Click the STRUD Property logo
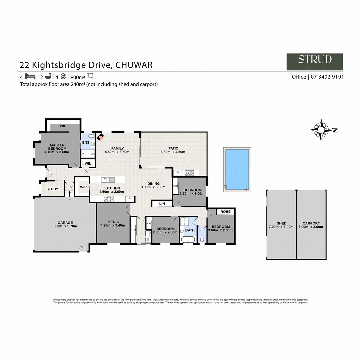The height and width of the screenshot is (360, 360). click(x=315, y=62)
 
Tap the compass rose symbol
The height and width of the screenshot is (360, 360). click(x=321, y=130)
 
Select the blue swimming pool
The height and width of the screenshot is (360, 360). click(x=237, y=169)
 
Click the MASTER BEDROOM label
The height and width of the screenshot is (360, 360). click(x=57, y=147)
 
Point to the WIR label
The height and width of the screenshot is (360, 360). click(x=63, y=126)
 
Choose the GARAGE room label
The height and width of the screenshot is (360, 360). click(x=65, y=223)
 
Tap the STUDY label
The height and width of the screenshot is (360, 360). click(x=52, y=189)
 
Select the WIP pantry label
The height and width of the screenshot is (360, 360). click(x=83, y=187)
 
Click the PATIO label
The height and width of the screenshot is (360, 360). click(x=173, y=148)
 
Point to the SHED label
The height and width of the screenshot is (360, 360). click(x=281, y=223)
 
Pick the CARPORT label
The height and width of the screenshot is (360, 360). click(x=311, y=223)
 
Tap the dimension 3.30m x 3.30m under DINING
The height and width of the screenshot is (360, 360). click(x=153, y=187)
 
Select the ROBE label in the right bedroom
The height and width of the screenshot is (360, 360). click(x=225, y=212)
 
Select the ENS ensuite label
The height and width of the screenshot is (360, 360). click(x=85, y=142)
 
